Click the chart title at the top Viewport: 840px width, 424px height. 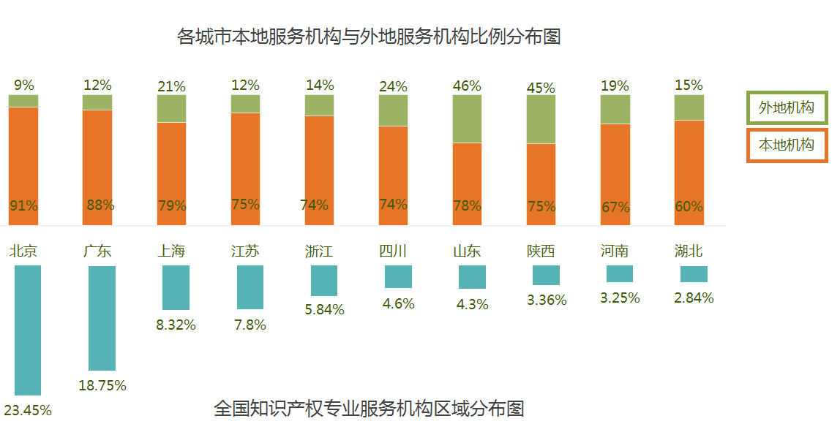(x=369, y=37)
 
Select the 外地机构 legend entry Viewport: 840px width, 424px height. (x=787, y=108)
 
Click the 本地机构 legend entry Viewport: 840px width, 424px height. (x=787, y=145)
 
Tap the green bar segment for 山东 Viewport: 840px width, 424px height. (x=467, y=118)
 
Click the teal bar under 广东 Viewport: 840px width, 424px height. (x=102, y=318)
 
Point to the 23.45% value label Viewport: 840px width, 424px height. (x=28, y=410)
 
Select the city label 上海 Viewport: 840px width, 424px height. (x=171, y=251)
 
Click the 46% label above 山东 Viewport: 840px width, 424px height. (x=467, y=86)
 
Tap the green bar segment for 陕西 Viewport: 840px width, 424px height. (x=541, y=119)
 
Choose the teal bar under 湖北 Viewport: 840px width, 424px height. (x=694, y=274)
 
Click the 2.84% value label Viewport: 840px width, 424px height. (x=694, y=298)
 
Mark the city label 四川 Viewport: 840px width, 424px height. (x=393, y=251)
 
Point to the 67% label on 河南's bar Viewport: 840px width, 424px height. (x=615, y=207)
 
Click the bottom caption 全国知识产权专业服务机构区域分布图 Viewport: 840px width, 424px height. (x=369, y=407)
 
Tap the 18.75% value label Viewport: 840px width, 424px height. (x=102, y=385)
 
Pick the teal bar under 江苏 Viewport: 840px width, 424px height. (x=250, y=287)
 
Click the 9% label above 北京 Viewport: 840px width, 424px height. (x=23, y=85)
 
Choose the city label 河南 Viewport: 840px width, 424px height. (x=615, y=251)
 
